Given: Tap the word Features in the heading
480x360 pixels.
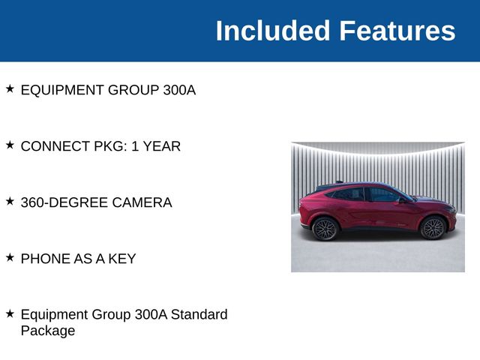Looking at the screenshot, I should coord(397,31).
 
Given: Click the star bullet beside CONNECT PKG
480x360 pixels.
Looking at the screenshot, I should coord(10,145).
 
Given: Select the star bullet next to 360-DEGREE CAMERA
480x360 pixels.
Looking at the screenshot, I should coord(10,201).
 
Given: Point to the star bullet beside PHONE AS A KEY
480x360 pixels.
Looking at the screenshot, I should coord(10,257).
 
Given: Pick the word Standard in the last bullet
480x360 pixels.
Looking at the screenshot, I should coord(199,315).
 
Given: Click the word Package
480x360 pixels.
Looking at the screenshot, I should coord(48,331).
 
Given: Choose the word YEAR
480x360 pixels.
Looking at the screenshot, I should coord(161,146).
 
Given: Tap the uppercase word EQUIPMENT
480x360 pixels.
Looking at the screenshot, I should coord(62,90).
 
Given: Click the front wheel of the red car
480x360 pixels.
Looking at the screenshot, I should coord(433,227).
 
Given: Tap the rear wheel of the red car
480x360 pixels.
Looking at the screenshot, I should coord(325,228).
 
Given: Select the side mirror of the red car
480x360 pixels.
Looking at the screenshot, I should coord(402,200).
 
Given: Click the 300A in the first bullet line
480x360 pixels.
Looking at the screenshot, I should coord(178,90).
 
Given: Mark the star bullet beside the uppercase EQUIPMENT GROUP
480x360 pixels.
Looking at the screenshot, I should coord(10,88).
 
